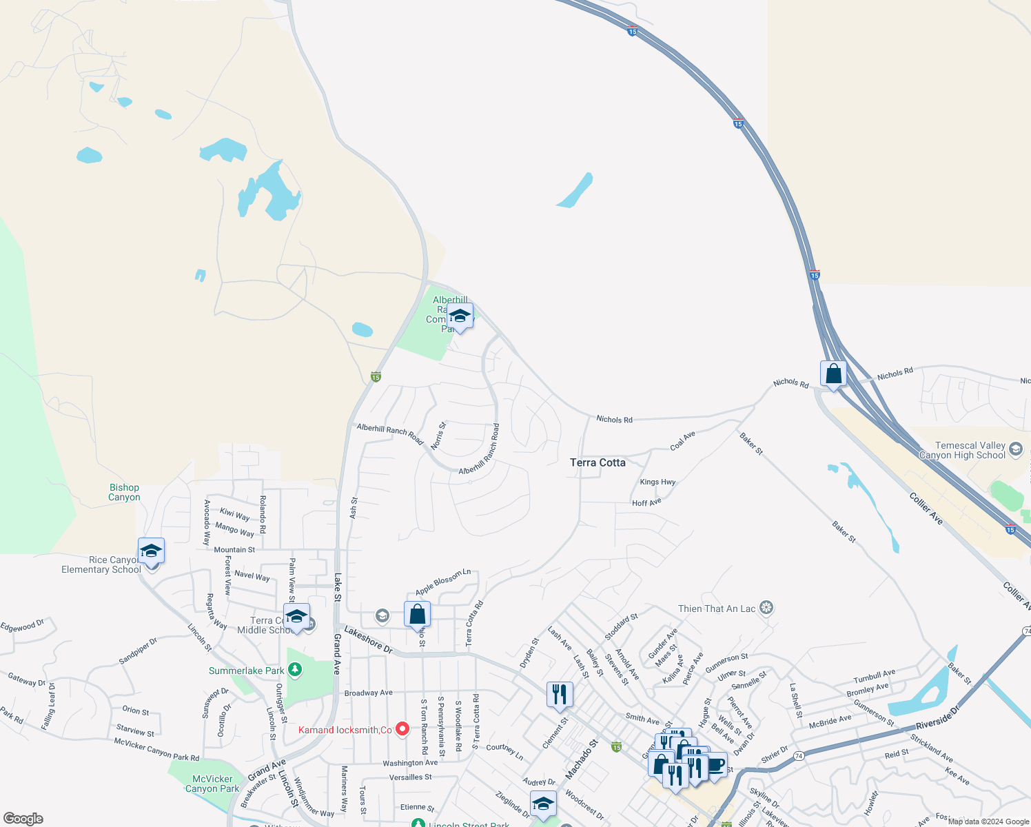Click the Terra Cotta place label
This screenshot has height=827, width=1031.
tap(598, 462)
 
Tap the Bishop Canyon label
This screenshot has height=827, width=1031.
tap(124, 492)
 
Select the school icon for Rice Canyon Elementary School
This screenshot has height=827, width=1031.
tap(151, 551)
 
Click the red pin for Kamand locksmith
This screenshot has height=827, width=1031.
tap(402, 729)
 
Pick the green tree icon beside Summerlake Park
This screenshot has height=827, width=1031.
tap(295, 669)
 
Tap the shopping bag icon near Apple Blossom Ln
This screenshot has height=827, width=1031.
tap(417, 613)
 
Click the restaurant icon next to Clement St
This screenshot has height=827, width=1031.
tap(560, 694)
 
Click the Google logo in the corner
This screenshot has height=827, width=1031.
tap(23, 819)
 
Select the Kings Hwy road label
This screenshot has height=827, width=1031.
tap(657, 482)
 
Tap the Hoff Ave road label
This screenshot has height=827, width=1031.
tap(646, 502)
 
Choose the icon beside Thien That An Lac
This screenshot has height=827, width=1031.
tap(766, 608)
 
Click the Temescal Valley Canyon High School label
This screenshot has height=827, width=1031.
tap(963, 451)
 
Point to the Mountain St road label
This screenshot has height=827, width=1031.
tap(234, 550)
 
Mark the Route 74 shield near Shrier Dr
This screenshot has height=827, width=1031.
tap(799, 755)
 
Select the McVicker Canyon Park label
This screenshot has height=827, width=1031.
tap(212, 784)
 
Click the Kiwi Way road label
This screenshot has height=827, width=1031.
tap(235, 514)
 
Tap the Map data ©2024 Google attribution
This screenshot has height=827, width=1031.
tap(988, 821)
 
